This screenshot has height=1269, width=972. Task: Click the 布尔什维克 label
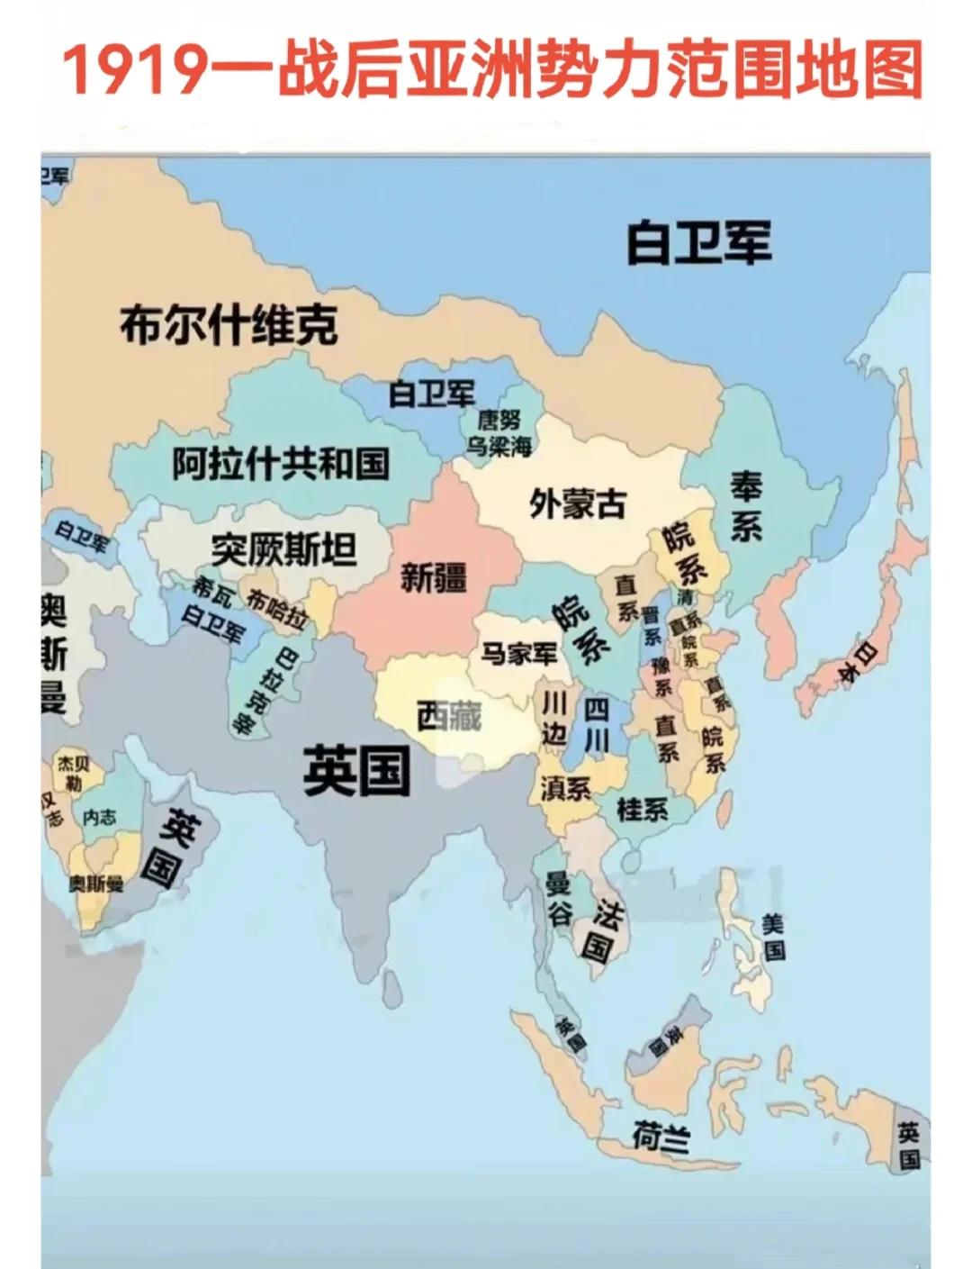click(x=229, y=324)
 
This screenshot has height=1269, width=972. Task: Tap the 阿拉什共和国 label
click(x=281, y=463)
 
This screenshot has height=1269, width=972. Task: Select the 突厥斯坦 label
click(x=284, y=548)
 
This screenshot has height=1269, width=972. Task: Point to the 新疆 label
click(x=434, y=576)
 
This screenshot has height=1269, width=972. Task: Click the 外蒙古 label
click(x=578, y=503)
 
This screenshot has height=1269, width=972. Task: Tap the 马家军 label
click(x=519, y=653)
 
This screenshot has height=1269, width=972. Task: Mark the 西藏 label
click(x=449, y=715)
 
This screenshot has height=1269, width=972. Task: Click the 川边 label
click(x=553, y=718)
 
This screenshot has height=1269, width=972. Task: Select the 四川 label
click(x=597, y=724)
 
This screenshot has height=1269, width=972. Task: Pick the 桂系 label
click(x=643, y=809)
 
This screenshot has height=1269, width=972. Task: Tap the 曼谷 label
click(x=559, y=899)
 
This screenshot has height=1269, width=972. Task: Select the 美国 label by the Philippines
click(x=773, y=936)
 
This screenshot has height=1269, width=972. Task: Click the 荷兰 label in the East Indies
click(x=661, y=1138)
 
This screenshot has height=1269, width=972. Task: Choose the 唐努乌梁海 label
click(x=499, y=432)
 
